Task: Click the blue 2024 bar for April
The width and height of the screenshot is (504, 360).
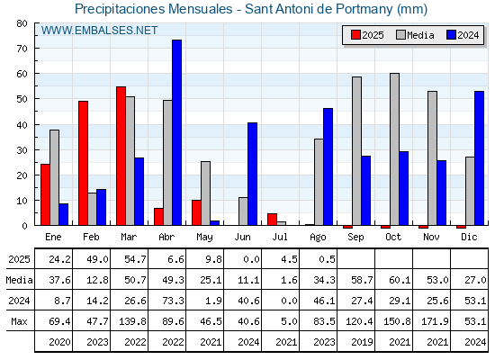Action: (176, 132)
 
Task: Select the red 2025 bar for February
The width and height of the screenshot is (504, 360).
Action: (83, 163)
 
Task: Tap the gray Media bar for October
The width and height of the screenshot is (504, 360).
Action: (394, 149)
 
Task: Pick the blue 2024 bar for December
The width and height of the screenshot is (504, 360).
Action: (479, 158)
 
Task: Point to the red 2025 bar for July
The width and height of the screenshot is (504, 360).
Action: (272, 220)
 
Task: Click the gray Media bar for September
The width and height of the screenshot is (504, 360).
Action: (356, 151)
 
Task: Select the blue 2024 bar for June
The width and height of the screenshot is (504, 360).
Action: (252, 174)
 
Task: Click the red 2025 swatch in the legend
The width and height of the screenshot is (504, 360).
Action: (355, 35)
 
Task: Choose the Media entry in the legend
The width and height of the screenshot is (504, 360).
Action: (415, 35)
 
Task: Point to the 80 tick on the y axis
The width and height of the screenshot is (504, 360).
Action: (36, 23)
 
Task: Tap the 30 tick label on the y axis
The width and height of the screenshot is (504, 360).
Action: (22, 150)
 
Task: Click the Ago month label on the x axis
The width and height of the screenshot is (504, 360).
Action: (318, 238)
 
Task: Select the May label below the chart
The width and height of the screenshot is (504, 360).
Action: (204, 238)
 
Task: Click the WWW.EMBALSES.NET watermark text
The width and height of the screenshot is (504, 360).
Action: (99, 31)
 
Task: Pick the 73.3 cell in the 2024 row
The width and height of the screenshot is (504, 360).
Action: (173, 301)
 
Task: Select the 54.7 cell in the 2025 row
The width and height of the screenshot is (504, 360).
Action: (135, 259)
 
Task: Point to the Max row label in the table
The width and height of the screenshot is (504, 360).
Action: (19, 321)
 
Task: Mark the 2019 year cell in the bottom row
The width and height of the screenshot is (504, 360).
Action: (362, 342)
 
